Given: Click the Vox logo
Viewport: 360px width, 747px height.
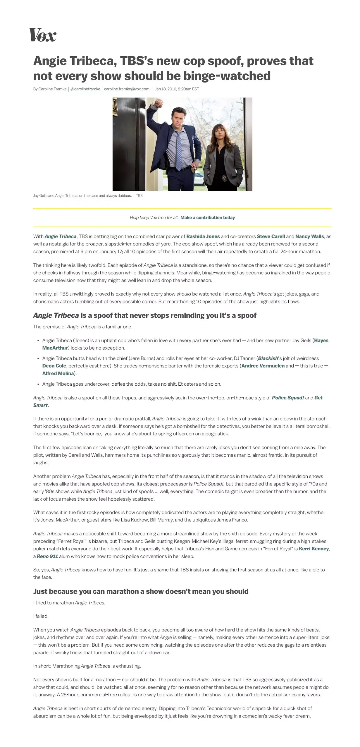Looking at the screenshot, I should pos(43,35).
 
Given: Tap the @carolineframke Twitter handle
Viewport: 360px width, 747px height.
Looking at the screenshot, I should pos(85,89).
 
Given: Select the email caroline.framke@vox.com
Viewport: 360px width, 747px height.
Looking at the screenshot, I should pos(127,89).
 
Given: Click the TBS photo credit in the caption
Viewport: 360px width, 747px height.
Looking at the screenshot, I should pos(139,196).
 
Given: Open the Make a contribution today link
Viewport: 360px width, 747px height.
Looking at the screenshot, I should pos(207,217).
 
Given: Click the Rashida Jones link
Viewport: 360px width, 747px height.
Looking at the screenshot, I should pos(203,236).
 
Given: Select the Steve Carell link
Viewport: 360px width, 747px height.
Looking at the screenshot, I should pos(271,236).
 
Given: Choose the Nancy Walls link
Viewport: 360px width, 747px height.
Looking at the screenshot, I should pos(309,236).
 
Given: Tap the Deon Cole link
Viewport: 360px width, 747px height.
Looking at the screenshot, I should pos(54,366).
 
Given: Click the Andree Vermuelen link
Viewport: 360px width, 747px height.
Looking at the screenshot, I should pos(263,366).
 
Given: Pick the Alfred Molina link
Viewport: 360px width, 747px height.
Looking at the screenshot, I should pos(58,373).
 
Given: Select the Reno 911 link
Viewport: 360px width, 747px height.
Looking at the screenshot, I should pos(47,556).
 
